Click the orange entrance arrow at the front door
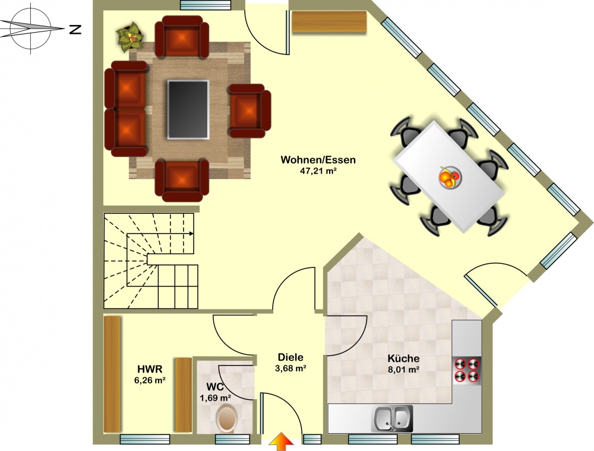(281, 441)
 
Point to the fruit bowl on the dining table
(450, 177)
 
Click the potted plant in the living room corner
(130, 36)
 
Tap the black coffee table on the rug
(188, 109)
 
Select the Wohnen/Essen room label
(318, 160)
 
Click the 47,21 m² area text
(318, 171)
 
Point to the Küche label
(403, 358)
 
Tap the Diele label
(290, 357)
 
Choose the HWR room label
(150, 369)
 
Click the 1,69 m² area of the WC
(216, 398)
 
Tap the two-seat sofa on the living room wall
(125, 109)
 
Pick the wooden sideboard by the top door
(329, 22)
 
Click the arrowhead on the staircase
(191, 234)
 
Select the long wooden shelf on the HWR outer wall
(112, 374)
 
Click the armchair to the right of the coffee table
(249, 111)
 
